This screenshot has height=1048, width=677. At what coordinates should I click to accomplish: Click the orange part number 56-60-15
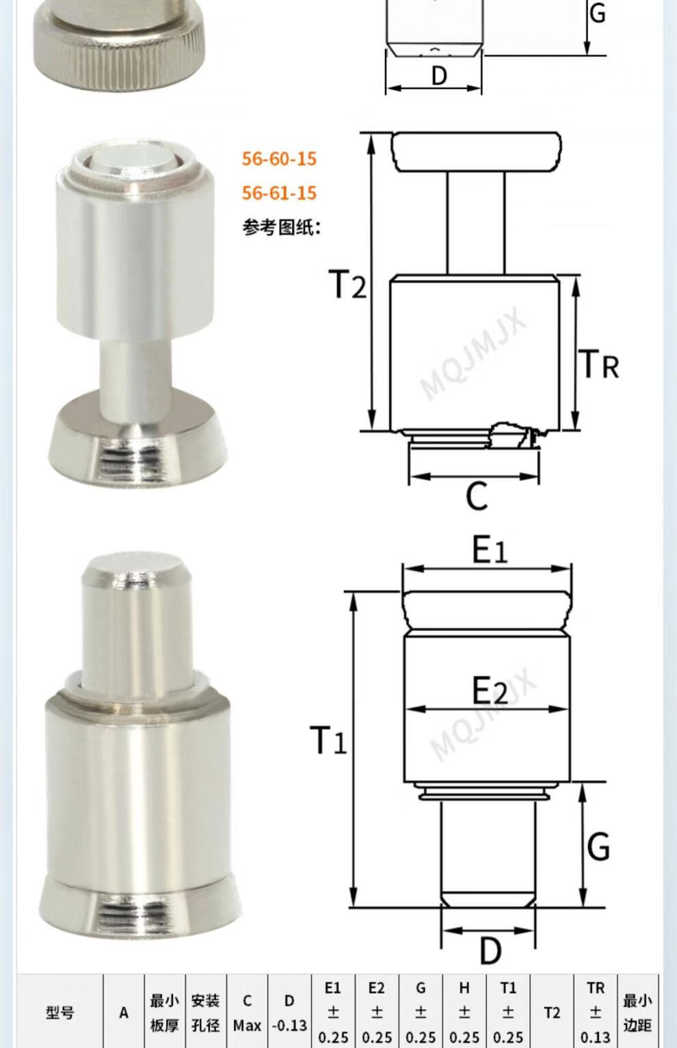(279, 159)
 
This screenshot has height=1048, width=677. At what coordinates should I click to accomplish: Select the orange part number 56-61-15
(279, 193)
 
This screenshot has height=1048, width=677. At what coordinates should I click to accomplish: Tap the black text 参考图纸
(281, 228)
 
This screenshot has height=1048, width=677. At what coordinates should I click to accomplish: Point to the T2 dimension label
(347, 284)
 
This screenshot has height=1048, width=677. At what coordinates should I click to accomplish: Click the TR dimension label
(601, 364)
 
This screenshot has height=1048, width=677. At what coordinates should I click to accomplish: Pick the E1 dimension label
(490, 549)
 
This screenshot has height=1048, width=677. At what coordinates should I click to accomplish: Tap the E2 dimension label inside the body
(490, 690)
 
